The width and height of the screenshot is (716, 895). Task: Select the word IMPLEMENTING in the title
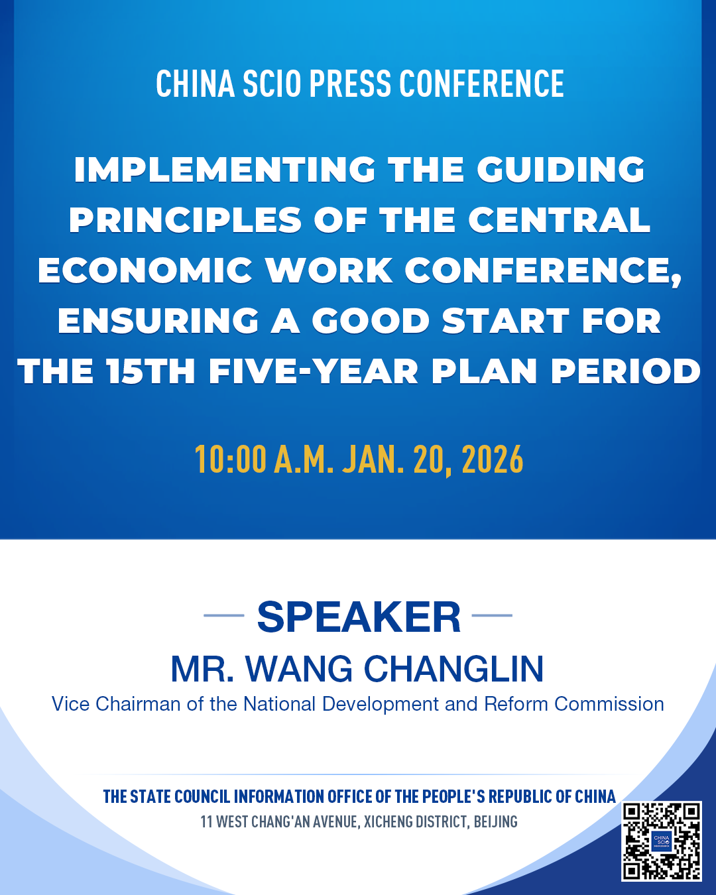click(225, 170)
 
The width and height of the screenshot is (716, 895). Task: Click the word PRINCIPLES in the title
click(185, 220)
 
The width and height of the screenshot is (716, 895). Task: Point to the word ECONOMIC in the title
click(145, 270)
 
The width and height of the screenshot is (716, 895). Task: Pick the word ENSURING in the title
click(158, 321)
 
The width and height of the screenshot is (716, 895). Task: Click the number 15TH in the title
click(150, 371)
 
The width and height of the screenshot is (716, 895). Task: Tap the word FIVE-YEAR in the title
click(314, 371)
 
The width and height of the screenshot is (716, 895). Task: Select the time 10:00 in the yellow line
click(231, 459)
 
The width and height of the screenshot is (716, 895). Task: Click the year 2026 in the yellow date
click(493, 459)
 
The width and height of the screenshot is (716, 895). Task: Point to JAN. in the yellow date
click(373, 459)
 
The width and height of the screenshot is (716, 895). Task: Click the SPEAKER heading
click(359, 617)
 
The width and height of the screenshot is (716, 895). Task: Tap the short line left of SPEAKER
click(224, 615)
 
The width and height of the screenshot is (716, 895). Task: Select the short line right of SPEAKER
click(492, 615)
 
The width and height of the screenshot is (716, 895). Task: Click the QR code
click(662, 841)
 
